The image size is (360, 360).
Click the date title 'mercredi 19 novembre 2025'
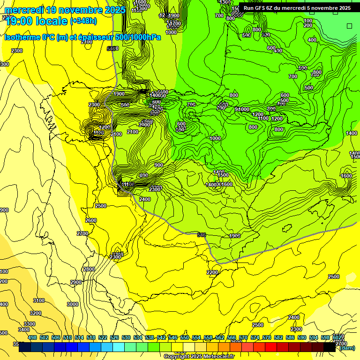pos(65,10)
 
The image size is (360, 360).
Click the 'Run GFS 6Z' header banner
pos(297,8)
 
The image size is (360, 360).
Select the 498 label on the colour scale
pos(32,337)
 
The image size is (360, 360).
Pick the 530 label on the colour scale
pos(126,337)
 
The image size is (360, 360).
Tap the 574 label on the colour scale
pos(255,337)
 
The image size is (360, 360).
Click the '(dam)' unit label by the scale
pos(347,348)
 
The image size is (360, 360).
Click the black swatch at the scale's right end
pos(330,347)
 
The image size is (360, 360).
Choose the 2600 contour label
pos(91,220)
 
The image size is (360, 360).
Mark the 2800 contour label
pos(89,269)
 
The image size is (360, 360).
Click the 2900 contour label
pos(76,282)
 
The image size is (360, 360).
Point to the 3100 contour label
pos(39,300)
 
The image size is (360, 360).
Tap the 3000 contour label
pos(73,304)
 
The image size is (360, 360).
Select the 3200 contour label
pos(36,313)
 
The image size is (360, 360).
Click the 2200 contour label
pos(212,272)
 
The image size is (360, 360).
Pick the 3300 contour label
pos(30,324)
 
